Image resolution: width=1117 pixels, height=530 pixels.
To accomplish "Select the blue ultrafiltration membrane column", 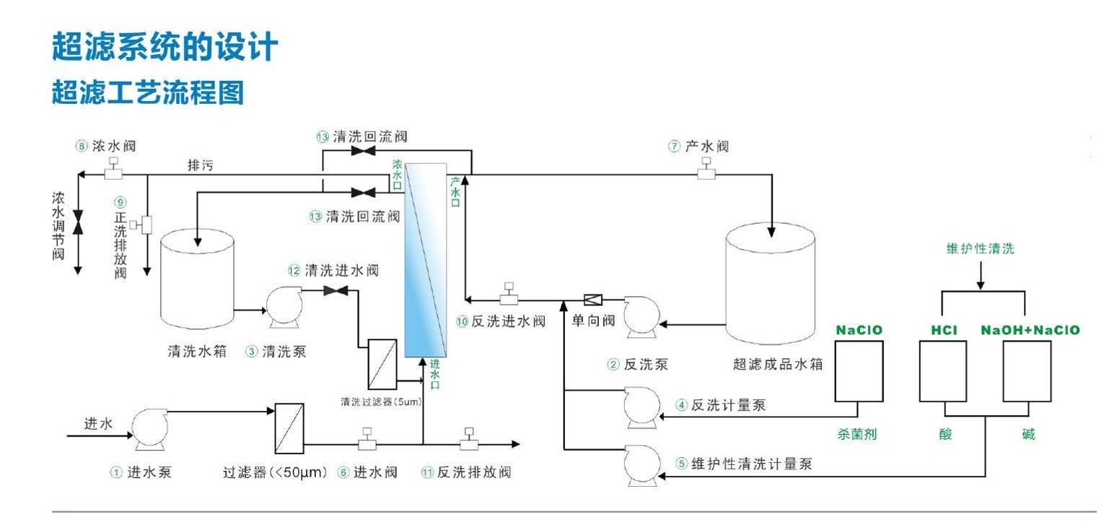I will [x=426, y=260].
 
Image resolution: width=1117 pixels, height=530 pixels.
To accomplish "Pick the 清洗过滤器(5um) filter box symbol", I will [x=382, y=364].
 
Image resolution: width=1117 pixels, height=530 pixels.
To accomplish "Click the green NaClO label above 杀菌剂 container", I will [x=859, y=330].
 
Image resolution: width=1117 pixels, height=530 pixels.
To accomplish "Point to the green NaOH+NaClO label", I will [x=1030, y=330].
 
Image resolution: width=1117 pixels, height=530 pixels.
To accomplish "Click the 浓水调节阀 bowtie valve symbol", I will [x=78, y=222].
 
